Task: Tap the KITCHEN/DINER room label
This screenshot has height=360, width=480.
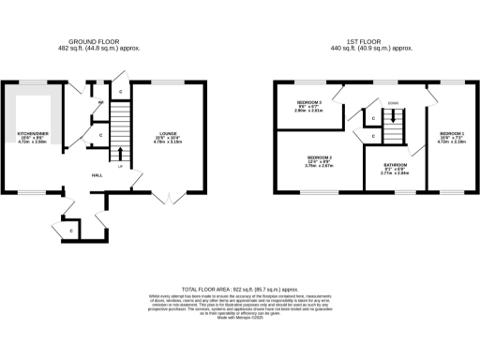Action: [x=33, y=133]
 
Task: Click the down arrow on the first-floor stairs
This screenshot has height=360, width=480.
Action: [x=392, y=117]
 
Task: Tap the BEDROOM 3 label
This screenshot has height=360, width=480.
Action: [x=309, y=101]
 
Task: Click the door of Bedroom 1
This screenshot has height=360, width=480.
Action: [x=431, y=94]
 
